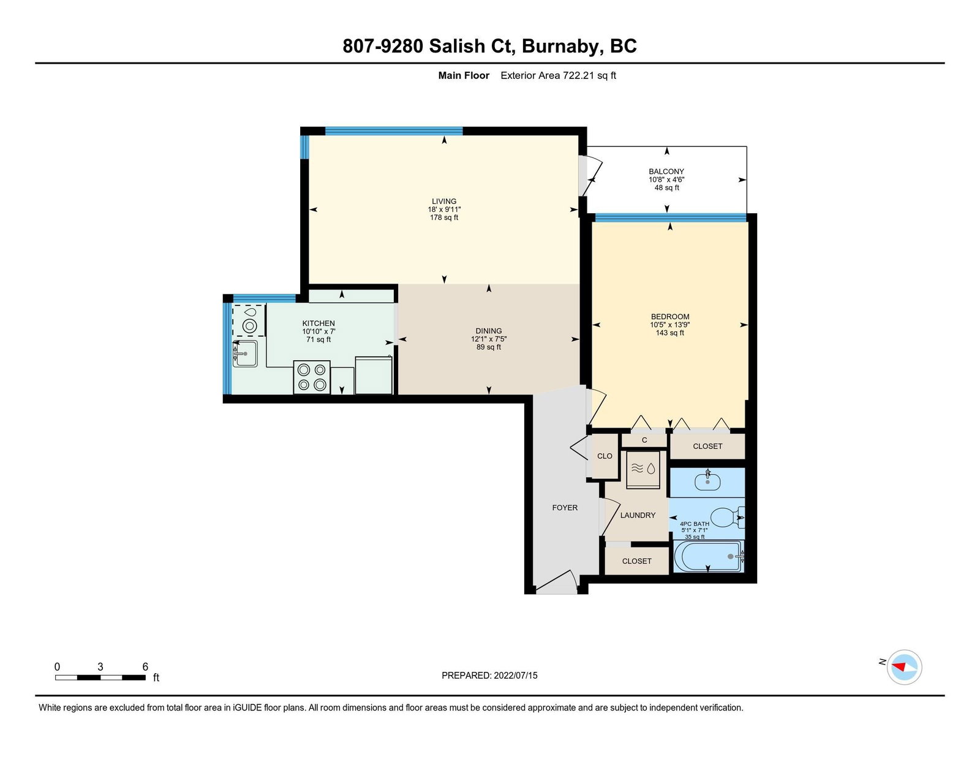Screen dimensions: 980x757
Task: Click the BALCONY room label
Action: click(666, 171)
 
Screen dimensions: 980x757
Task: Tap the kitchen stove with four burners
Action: click(312, 377)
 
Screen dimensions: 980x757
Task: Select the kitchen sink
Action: click(245, 353)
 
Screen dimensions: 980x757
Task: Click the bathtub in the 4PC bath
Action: click(708, 556)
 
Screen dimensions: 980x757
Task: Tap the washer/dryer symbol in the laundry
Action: click(643, 469)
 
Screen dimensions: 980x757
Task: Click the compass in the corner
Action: click(904, 667)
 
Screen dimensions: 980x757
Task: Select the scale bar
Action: click(100, 677)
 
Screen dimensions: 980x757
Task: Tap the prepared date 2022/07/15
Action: click(516, 676)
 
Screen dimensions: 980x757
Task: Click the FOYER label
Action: click(565, 508)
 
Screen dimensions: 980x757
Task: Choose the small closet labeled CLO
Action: click(605, 456)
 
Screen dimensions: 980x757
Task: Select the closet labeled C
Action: click(644, 440)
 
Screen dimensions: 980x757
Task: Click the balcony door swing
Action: click(592, 176)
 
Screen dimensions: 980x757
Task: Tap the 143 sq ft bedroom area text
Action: click(669, 333)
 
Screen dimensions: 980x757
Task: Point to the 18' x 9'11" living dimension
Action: click(444, 209)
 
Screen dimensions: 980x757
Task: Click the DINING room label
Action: click(488, 331)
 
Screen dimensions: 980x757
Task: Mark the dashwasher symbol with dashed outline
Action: click(249, 320)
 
